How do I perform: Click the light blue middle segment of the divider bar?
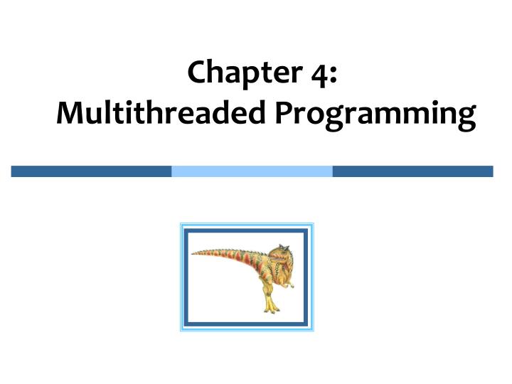pos(252,171)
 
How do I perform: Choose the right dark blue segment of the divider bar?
pos(412,171)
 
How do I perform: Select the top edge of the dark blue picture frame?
pos(247,232)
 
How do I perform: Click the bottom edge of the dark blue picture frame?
pos(247,322)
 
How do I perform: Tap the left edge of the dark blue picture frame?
pos(188,277)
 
